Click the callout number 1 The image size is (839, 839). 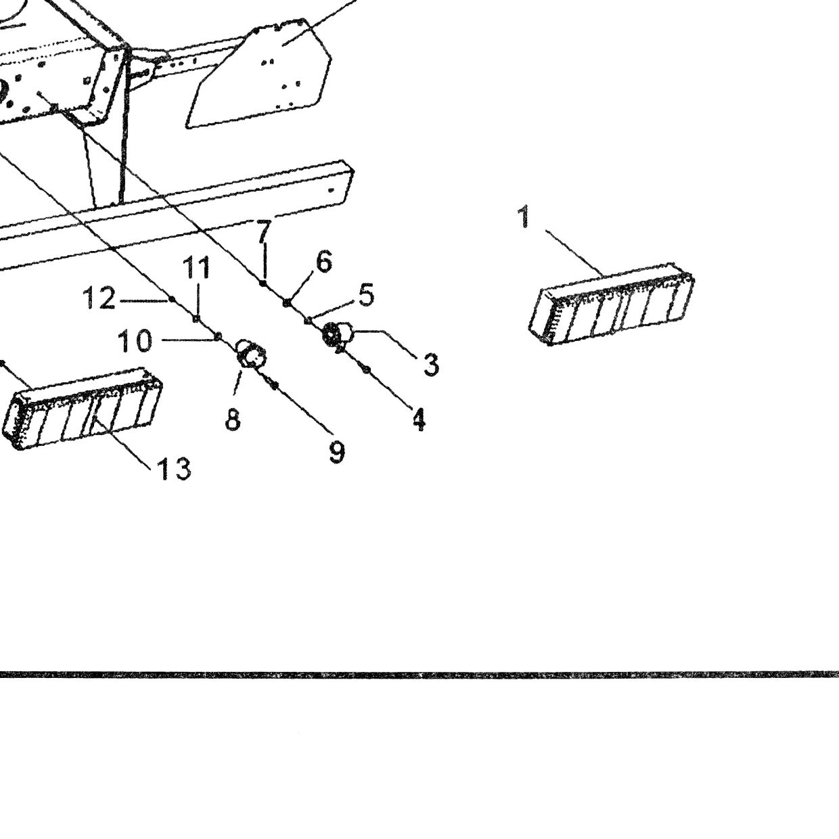pyautogui.click(x=524, y=217)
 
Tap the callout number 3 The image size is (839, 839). pyautogui.click(x=431, y=365)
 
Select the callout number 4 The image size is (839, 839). pyautogui.click(x=418, y=419)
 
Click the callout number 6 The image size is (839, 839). pyautogui.click(x=324, y=261)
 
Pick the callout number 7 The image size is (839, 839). pyautogui.click(x=263, y=231)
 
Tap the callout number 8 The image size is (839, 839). pyautogui.click(x=233, y=419)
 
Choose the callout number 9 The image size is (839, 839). pyautogui.click(x=337, y=452)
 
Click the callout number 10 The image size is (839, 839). pyautogui.click(x=135, y=341)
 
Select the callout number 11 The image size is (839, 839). pyautogui.click(x=196, y=267)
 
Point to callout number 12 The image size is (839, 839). pyautogui.click(x=99, y=298)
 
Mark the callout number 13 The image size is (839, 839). pyautogui.click(x=174, y=470)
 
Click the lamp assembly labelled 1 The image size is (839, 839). pyautogui.click(x=611, y=304)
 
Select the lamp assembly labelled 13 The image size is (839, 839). pyautogui.click(x=83, y=408)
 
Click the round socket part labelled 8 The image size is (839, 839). pyautogui.click(x=251, y=354)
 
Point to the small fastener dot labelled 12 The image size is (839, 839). pyautogui.click(x=172, y=299)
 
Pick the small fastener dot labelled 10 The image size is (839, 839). pyautogui.click(x=218, y=336)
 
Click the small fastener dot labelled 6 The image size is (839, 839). pyautogui.click(x=286, y=302)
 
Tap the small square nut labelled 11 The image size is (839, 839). pyautogui.click(x=196, y=319)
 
